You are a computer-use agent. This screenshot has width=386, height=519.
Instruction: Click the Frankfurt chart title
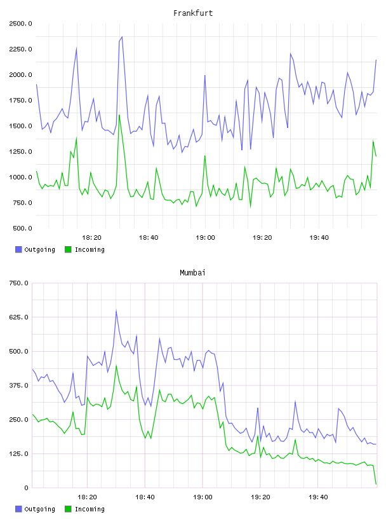[193, 13]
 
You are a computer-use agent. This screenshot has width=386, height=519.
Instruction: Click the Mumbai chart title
[192, 273]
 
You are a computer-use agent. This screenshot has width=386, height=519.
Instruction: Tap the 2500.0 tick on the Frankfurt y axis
[20, 24]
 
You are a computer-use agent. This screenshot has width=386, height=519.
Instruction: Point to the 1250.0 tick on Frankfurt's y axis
[20, 151]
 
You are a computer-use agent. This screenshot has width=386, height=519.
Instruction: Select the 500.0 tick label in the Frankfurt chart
[22, 228]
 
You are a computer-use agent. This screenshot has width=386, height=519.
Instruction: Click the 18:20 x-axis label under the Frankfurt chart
[91, 238]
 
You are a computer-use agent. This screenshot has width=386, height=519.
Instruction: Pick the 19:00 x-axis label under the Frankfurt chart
[205, 238]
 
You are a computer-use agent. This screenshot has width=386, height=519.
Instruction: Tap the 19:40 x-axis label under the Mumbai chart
[318, 497]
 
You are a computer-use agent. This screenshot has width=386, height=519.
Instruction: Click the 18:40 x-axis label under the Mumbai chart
[145, 497]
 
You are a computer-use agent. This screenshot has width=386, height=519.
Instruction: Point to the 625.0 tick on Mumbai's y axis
[18, 317]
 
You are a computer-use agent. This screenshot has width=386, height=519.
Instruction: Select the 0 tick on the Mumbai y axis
[26, 488]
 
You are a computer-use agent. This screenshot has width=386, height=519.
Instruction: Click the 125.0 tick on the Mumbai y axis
[18, 453]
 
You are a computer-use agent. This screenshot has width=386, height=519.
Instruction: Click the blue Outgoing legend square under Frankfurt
[18, 249]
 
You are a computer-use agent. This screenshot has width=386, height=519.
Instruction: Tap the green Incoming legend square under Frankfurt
[68, 249]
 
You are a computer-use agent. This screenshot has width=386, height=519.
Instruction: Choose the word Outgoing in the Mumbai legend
[39, 509]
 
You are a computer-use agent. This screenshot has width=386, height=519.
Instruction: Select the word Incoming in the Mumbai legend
[90, 509]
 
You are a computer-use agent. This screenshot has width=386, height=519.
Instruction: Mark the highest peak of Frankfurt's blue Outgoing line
[122, 37]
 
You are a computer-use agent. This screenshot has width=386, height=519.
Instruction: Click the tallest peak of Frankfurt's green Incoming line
[119, 115]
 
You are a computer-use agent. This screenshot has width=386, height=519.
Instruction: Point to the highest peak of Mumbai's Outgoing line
[116, 310]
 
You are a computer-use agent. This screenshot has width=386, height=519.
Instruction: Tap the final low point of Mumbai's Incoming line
[376, 484]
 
